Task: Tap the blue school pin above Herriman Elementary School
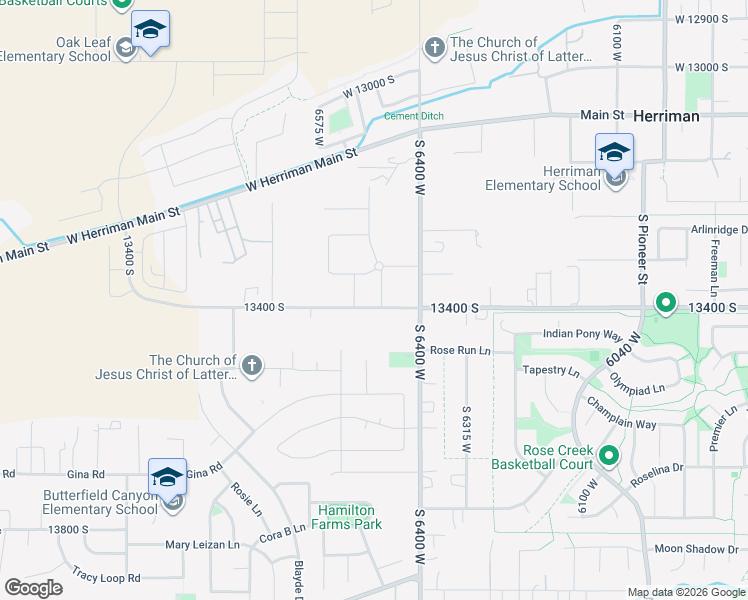tap(614, 153)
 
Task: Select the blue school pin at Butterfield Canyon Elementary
tap(167, 478)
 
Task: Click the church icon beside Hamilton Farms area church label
tap(252, 366)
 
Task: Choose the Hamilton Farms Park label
tap(350, 517)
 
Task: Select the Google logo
tap(33, 587)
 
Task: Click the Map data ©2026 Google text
tap(686, 592)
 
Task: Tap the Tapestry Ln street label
tap(553, 371)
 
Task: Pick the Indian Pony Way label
tap(583, 334)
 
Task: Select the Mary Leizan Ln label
tap(202, 546)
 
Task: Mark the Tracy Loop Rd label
tap(106, 578)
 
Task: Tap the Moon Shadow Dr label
tap(696, 549)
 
